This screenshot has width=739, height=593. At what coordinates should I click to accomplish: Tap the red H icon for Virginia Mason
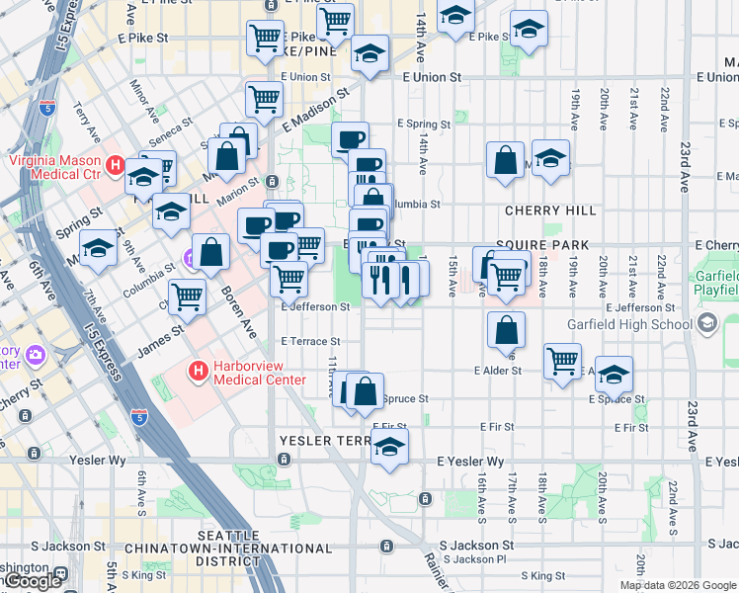pyautogui.click(x=116, y=166)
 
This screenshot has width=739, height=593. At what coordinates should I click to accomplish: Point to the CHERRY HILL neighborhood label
pyautogui.click(x=550, y=211)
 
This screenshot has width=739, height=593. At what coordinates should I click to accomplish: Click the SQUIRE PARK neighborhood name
pyautogui.click(x=542, y=244)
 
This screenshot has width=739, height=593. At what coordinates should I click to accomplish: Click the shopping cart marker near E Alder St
pyautogui.click(x=562, y=361)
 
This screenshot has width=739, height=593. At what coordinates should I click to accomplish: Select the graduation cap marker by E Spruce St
pyautogui.click(x=614, y=375)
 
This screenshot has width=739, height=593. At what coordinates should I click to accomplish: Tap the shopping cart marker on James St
pyautogui.click(x=187, y=296)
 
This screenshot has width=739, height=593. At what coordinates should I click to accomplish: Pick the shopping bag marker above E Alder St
pyautogui.click(x=506, y=331)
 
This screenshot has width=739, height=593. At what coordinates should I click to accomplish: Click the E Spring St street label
pyautogui.click(x=423, y=125)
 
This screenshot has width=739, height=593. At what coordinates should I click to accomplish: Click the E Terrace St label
pyautogui.click(x=314, y=341)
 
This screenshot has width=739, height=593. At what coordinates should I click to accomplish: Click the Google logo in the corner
pyautogui.click(x=33, y=582)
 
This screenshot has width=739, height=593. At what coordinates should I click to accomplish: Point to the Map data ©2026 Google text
pyautogui.click(x=677, y=585)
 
